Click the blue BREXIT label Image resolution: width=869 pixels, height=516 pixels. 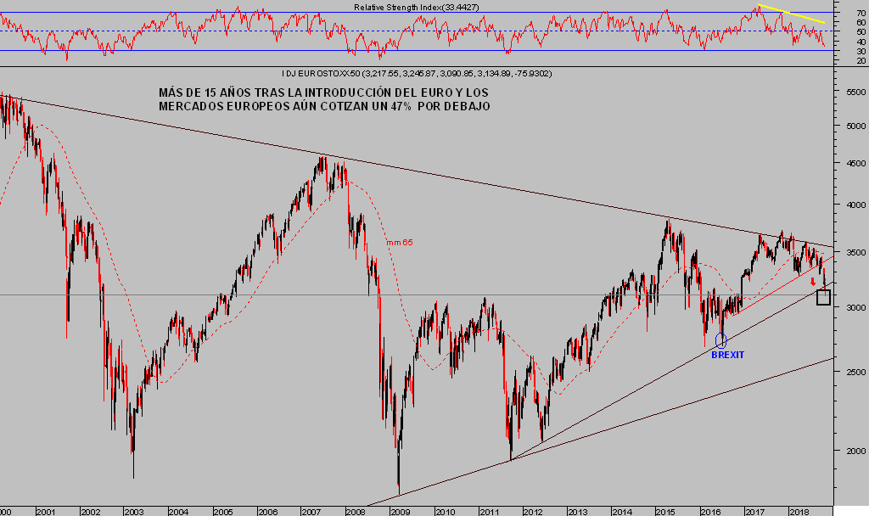pos(727,355)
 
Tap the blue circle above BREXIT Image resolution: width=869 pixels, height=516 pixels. pos(721,340)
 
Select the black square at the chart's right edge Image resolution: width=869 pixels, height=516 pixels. pos(823,297)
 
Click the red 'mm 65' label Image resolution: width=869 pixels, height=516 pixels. pos(401,243)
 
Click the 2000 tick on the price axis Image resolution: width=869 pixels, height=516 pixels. pos(848,451)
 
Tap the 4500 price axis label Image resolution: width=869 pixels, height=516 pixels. pos(848,165)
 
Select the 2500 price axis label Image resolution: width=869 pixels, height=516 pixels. pos(848,372)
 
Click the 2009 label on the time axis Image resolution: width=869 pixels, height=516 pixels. pos(400,511)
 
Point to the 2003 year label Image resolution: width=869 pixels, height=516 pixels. pos(133,511)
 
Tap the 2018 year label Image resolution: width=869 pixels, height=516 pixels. pos(799,511)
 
